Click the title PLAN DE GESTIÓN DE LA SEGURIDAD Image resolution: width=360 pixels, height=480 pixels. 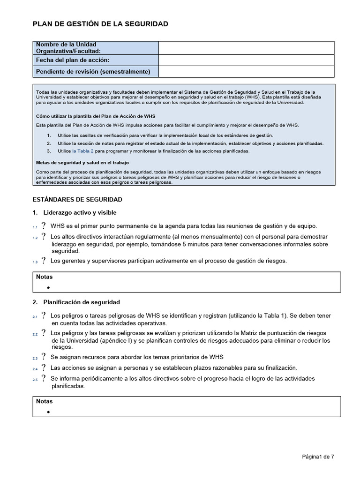[100, 24]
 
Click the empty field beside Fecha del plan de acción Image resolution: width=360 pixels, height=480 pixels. [246, 60]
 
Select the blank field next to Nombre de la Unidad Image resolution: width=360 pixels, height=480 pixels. [246, 48]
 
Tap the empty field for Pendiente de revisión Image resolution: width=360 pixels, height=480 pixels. [246, 72]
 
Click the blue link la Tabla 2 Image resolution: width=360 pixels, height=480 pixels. [83, 151]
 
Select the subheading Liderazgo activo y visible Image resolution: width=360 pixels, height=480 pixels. [80, 213]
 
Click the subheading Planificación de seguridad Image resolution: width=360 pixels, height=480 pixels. [82, 302]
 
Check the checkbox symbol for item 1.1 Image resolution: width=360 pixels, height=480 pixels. [44, 226]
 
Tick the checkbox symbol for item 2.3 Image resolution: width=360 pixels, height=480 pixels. [44, 357]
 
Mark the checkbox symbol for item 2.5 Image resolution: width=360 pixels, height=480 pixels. [44, 379]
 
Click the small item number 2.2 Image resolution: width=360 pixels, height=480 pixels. [35, 334]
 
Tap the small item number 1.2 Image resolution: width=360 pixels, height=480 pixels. [35, 238]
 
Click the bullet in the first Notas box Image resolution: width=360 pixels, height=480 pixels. [48, 287]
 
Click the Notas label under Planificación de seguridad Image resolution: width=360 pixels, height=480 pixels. [45, 402]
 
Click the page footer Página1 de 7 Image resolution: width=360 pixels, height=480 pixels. [318, 457]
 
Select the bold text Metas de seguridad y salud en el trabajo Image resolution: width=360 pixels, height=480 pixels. [82, 163]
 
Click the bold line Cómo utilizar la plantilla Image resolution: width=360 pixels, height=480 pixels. [95, 116]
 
